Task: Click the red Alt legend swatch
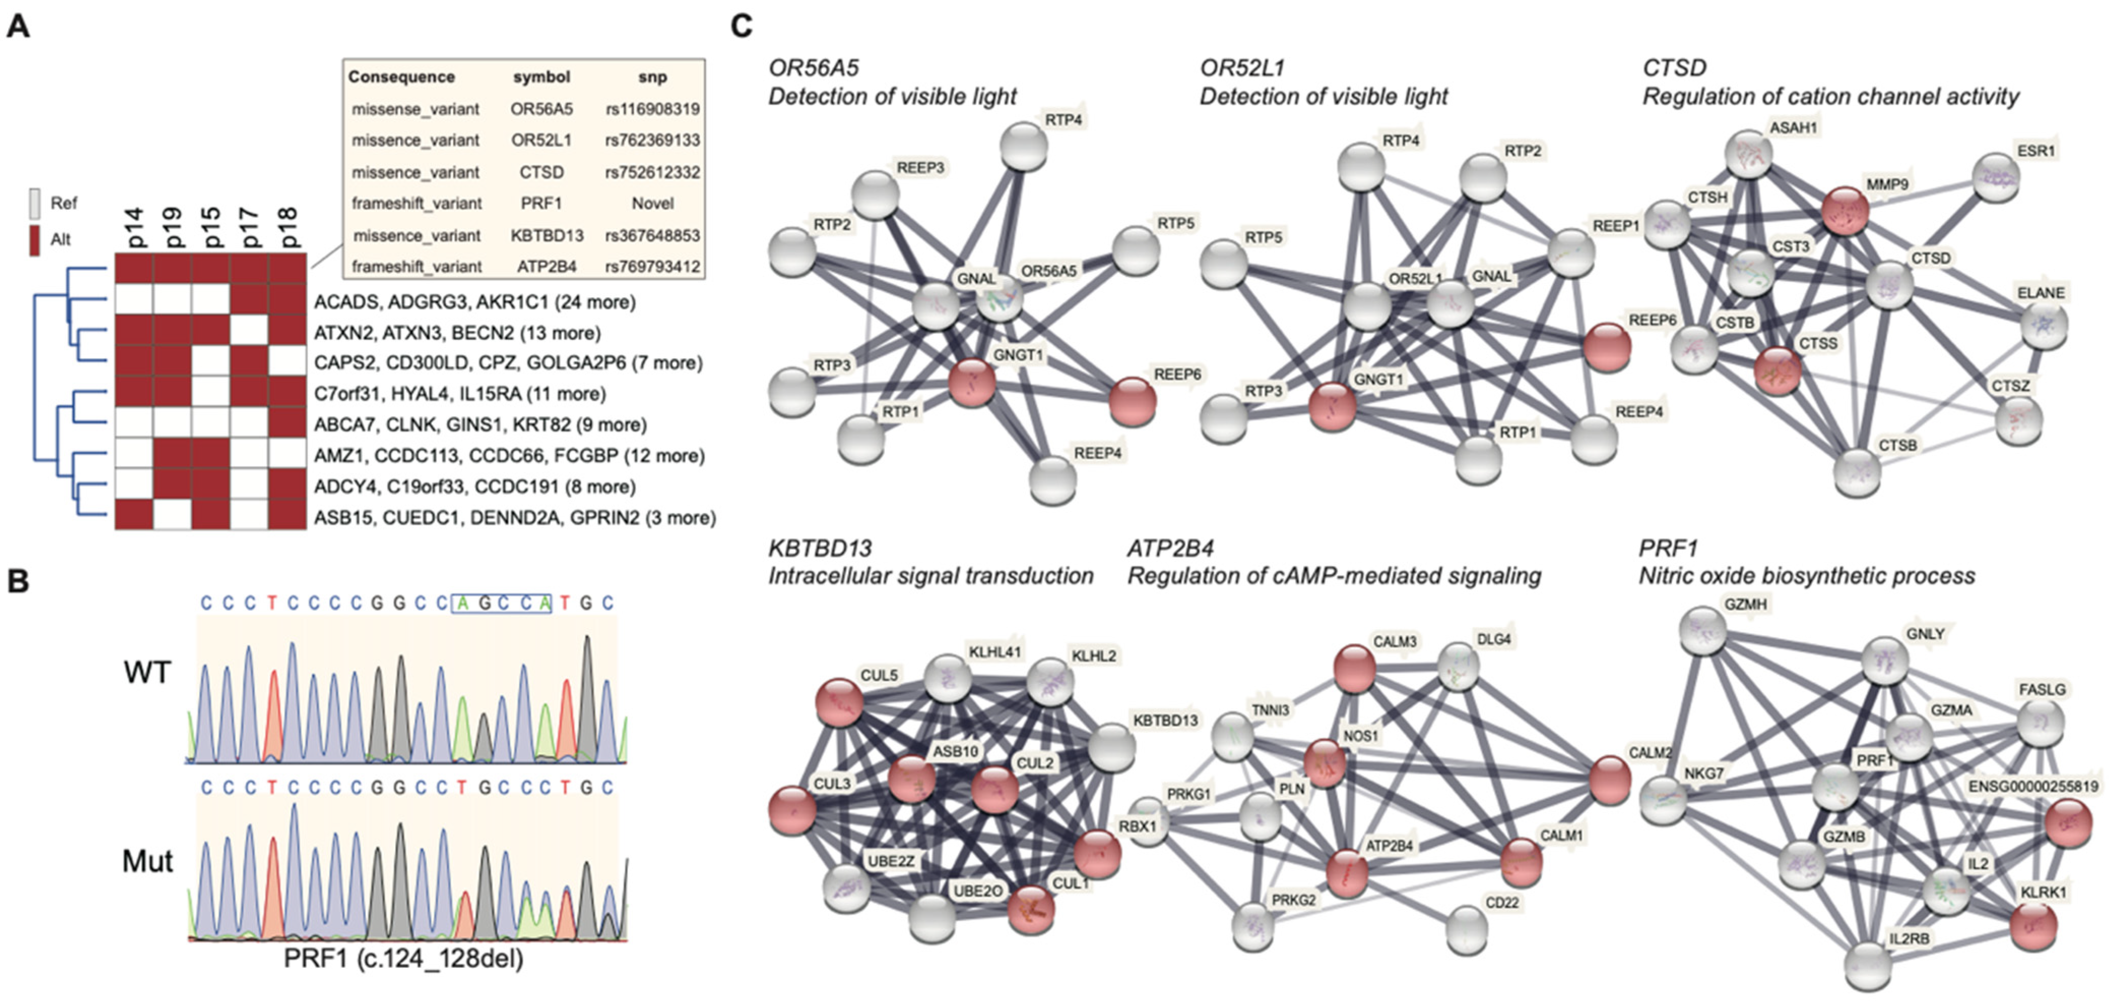tap(35, 239)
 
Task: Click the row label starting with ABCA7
tap(479, 425)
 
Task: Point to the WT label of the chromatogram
tap(148, 672)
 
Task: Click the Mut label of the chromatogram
tap(148, 861)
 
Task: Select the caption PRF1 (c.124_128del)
tap(403, 958)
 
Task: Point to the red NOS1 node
tap(1325, 760)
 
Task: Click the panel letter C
tap(741, 26)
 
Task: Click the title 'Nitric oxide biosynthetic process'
tap(1806, 576)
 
